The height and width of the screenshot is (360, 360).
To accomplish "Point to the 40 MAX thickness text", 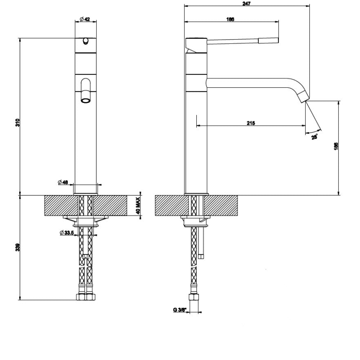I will (x=138, y=206).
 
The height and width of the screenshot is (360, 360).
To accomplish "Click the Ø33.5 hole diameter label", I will (x=67, y=233).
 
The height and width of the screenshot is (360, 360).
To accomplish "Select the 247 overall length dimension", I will (x=247, y=3).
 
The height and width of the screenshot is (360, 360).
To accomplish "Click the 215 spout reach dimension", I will (x=251, y=123).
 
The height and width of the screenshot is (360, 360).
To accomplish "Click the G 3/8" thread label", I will (x=179, y=310).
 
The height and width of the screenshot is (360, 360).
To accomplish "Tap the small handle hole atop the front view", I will (x=86, y=40).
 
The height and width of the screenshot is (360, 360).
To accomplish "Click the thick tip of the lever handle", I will (x=268, y=40).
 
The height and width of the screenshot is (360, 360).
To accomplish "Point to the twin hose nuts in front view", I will (x=86, y=297).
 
